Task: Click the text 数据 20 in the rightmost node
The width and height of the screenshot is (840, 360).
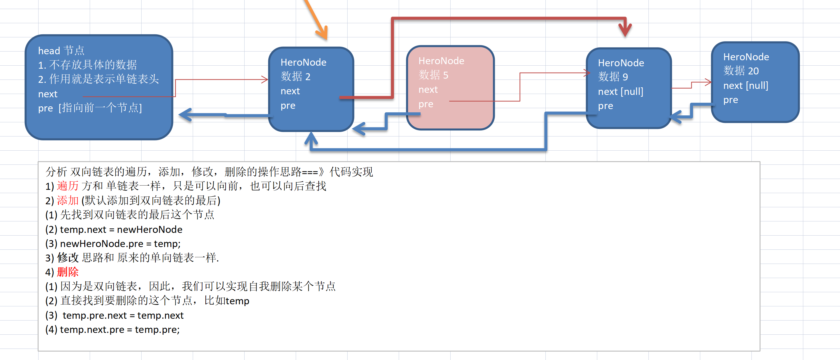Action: (x=741, y=71)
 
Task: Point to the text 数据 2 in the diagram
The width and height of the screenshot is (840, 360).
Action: (x=295, y=77)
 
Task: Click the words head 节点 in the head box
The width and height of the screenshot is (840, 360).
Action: (x=61, y=51)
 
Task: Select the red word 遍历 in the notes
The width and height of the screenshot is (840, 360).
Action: (x=68, y=186)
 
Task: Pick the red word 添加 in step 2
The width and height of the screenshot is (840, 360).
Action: (x=68, y=201)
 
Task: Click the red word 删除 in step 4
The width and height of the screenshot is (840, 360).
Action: (x=68, y=272)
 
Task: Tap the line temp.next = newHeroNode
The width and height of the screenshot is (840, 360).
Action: (x=114, y=229)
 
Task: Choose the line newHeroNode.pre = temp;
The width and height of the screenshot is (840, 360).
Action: (x=113, y=244)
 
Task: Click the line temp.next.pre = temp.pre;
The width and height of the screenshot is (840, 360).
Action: (x=113, y=330)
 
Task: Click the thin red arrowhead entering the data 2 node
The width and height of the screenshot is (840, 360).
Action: (x=264, y=79)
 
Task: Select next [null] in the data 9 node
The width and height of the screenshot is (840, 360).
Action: (x=620, y=92)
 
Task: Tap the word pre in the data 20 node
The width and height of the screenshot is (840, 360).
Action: (x=730, y=100)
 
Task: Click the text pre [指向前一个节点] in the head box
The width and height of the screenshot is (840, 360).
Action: (x=90, y=108)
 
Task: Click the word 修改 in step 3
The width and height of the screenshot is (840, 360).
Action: (x=68, y=258)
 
